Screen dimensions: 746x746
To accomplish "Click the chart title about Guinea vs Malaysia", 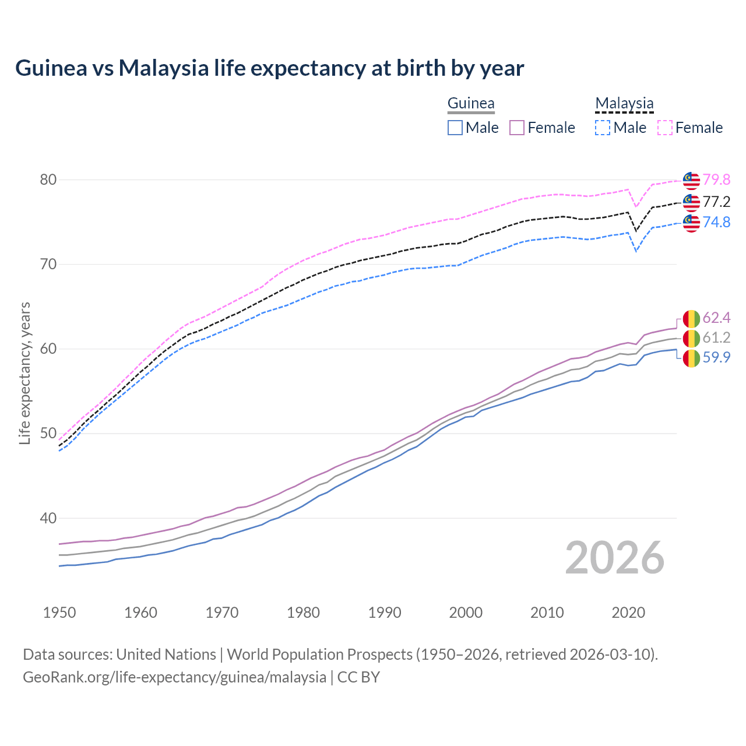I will pos(269,68).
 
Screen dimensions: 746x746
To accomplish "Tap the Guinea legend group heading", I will pos(471,104).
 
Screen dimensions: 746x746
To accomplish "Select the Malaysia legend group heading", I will pos(624,104).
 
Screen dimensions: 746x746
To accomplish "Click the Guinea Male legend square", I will pos(455,128).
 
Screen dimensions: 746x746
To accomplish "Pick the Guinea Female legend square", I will pos(517,128).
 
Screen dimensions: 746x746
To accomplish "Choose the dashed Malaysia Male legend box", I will pos(603,128).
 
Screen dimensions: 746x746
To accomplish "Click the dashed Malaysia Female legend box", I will pos(665,128).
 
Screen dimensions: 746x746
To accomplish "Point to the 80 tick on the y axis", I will pos(48,180).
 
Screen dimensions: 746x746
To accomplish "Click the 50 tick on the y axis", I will pos(48,434).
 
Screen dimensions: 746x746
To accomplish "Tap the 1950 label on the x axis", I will pos(59,613).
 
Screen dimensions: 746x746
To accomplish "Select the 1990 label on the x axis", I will pos(385,613).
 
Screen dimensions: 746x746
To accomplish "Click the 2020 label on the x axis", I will pos(628,613).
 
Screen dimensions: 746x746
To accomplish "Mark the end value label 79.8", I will pos(716,180).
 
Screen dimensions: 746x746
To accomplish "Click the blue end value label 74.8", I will pos(716,223).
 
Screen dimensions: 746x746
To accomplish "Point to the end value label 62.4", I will pos(716,318).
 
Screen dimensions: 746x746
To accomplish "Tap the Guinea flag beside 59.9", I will pos(691,358).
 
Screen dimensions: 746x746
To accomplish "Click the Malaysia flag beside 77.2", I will pos(691,202).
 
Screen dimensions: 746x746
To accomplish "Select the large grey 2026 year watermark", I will pos(615,558).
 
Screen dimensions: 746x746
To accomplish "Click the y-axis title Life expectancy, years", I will pos(25,373).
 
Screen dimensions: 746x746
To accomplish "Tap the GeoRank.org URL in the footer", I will pos(174,677).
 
